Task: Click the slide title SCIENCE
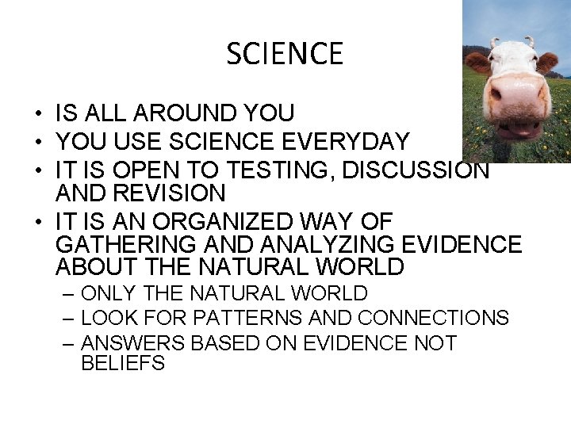[x=285, y=54]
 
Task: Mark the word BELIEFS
[x=123, y=364]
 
